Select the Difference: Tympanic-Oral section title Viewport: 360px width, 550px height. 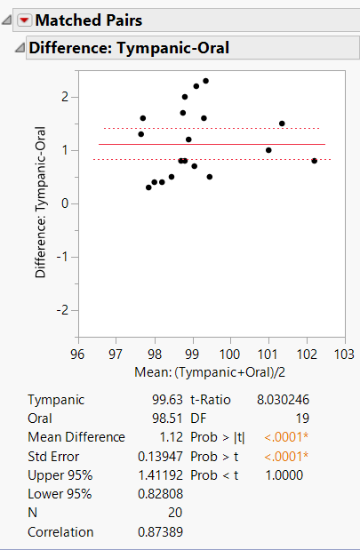click(x=129, y=48)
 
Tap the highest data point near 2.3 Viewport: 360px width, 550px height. click(x=205, y=81)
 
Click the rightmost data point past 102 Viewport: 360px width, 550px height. click(x=315, y=161)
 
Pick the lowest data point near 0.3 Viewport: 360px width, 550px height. click(x=148, y=187)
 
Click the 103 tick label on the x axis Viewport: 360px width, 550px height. click(x=344, y=354)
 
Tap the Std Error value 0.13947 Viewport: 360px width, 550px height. click(x=160, y=456)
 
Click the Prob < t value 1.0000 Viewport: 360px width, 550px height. click(x=285, y=474)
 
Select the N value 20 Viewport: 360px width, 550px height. click(x=174, y=512)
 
